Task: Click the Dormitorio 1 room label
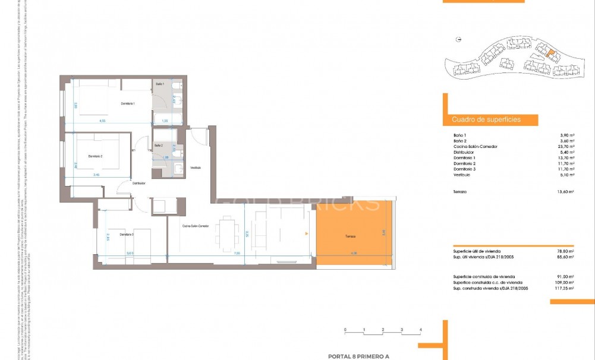(x=128, y=104)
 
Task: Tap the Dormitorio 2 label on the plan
(x=96, y=156)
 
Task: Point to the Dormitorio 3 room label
(x=127, y=235)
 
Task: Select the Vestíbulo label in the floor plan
(x=196, y=168)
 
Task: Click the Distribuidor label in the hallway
(x=139, y=183)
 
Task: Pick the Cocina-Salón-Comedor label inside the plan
(x=196, y=226)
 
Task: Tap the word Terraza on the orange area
(x=350, y=236)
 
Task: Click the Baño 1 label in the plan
(x=160, y=84)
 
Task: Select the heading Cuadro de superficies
(x=486, y=119)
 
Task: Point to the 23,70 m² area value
(x=567, y=147)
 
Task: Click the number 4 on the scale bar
(x=420, y=329)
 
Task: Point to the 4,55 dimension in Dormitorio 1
(x=102, y=121)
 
